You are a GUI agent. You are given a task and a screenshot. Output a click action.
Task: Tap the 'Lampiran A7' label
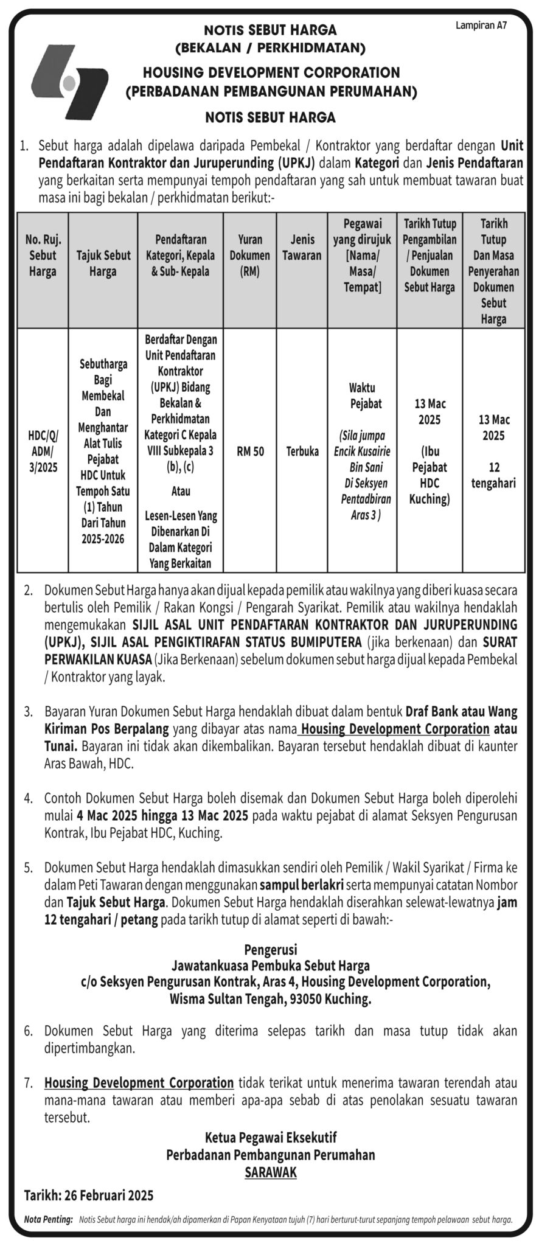(x=481, y=26)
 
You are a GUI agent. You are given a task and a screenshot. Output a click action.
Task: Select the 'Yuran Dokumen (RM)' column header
(x=249, y=256)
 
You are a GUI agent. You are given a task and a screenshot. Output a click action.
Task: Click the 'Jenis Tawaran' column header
(x=302, y=248)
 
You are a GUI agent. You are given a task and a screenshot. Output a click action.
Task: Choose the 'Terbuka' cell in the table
(x=302, y=451)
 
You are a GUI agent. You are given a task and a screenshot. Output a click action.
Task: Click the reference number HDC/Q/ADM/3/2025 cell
(x=43, y=451)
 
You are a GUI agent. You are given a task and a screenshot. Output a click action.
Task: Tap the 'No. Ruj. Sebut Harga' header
(x=43, y=256)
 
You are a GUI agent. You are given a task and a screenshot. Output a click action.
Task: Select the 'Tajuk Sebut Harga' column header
(x=103, y=263)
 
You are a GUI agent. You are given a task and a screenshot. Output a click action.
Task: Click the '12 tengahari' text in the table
(x=493, y=475)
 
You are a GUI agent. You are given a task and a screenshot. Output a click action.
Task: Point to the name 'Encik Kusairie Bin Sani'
(x=362, y=460)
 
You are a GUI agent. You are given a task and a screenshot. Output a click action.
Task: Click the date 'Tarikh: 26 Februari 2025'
(x=89, y=1196)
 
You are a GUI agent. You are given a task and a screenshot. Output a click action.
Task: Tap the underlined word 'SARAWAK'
(x=271, y=1172)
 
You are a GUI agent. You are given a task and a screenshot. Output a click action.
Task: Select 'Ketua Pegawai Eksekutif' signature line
(x=271, y=1137)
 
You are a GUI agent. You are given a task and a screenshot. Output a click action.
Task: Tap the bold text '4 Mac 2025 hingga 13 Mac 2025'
(x=164, y=815)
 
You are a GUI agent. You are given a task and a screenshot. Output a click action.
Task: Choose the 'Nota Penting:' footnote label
(x=48, y=1219)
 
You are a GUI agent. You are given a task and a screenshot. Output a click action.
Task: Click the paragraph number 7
(x=28, y=1083)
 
